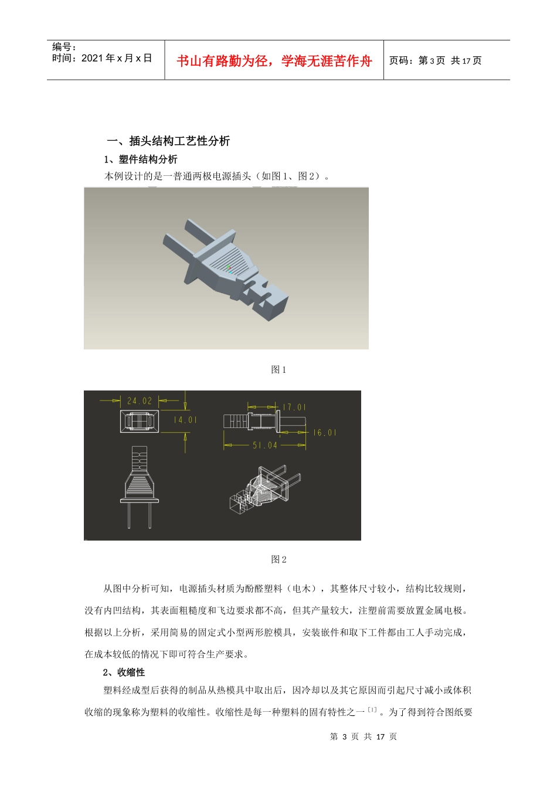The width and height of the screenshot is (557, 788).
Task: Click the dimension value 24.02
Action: (x=140, y=401)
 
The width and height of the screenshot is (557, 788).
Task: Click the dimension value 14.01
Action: (x=185, y=420)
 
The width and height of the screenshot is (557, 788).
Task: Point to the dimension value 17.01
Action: (x=294, y=407)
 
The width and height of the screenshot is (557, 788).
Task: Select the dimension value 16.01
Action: (x=324, y=433)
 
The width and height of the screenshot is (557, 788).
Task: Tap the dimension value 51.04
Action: (x=265, y=446)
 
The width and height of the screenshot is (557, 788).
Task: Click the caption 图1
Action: (x=278, y=369)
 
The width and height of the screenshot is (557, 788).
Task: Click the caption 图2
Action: (x=278, y=559)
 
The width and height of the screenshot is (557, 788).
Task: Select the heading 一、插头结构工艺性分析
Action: (x=168, y=141)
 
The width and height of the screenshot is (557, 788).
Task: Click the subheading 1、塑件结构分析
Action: (x=141, y=159)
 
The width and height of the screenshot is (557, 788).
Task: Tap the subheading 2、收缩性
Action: (x=124, y=672)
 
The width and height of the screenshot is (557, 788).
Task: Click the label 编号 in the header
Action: (x=64, y=47)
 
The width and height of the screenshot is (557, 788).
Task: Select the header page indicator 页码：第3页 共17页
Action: (x=435, y=60)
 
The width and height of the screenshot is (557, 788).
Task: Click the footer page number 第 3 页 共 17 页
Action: (x=364, y=736)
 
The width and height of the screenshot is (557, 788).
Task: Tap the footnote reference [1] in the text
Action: (x=372, y=710)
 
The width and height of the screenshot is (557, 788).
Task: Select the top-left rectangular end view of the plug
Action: (x=140, y=422)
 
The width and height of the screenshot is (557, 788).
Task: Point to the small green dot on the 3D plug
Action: (x=229, y=267)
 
